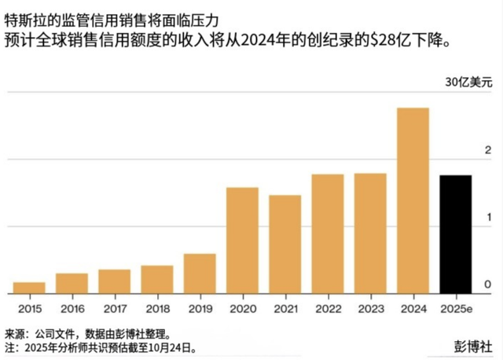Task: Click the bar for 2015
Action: pyautogui.click(x=29, y=288)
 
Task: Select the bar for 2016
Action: pyautogui.click(x=72, y=284)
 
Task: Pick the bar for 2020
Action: pyautogui.click(x=242, y=241)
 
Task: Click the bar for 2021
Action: pyautogui.click(x=285, y=244)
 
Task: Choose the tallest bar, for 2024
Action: pyautogui.click(x=413, y=200)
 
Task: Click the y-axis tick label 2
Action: pyautogui.click(x=487, y=150)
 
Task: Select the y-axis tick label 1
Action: pyautogui.click(x=487, y=217)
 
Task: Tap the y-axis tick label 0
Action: pyautogui.click(x=487, y=284)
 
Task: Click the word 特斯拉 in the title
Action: pyautogui.click(x=23, y=13)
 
